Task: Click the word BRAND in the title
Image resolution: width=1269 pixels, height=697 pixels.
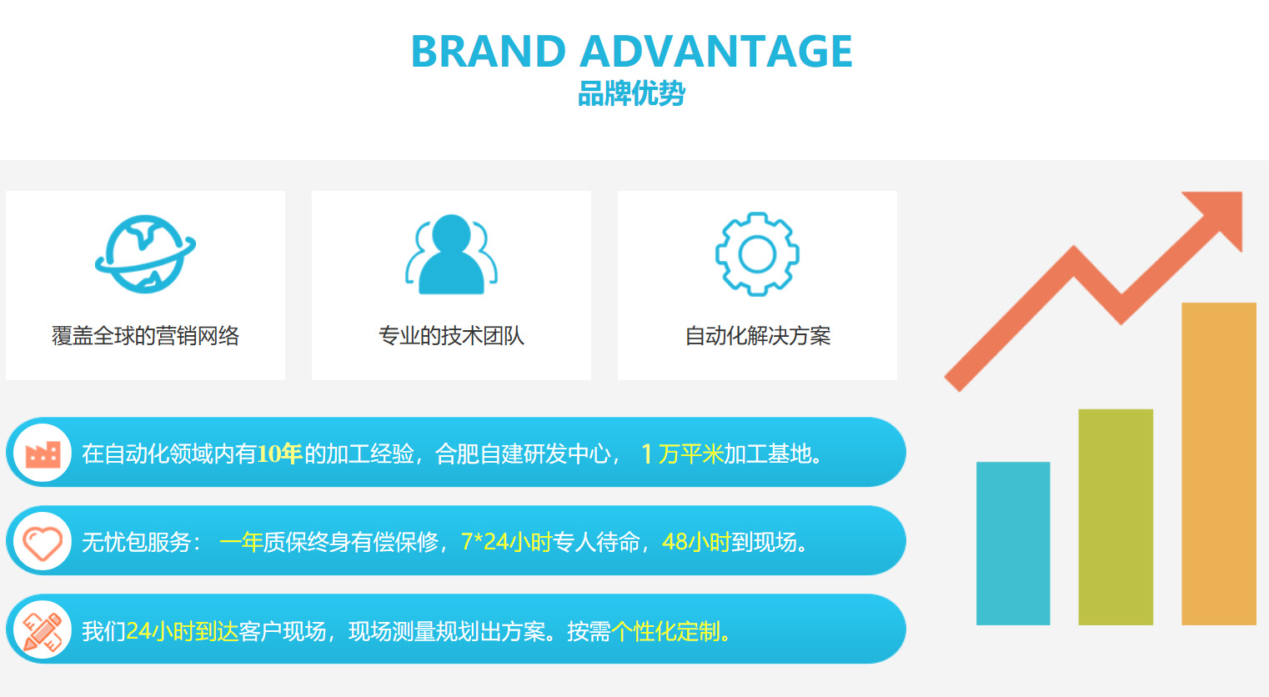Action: (x=489, y=52)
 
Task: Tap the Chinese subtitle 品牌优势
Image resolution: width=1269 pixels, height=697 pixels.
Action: (x=631, y=93)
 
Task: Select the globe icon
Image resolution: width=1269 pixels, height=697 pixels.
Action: (x=145, y=253)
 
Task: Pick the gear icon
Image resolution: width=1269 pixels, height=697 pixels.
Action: (x=757, y=253)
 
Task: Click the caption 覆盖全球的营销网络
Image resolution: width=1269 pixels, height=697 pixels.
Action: (x=145, y=336)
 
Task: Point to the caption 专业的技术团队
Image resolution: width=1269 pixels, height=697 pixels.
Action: (x=451, y=336)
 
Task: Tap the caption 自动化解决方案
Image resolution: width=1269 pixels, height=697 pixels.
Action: (x=757, y=336)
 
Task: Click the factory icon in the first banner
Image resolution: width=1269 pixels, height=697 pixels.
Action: (x=43, y=454)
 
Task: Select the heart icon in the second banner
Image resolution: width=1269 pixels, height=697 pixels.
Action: (x=43, y=543)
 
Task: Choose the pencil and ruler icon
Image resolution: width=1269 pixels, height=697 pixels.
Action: (x=43, y=630)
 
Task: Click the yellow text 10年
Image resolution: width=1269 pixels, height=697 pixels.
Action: (x=279, y=454)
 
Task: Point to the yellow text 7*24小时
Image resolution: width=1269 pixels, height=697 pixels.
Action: (x=506, y=542)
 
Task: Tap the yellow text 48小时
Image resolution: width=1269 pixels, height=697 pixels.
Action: (x=696, y=542)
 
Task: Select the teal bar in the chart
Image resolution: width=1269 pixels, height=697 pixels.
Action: (x=1013, y=544)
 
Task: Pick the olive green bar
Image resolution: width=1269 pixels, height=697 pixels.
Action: (x=1116, y=517)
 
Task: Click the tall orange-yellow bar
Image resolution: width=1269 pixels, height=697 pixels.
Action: (x=1219, y=464)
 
